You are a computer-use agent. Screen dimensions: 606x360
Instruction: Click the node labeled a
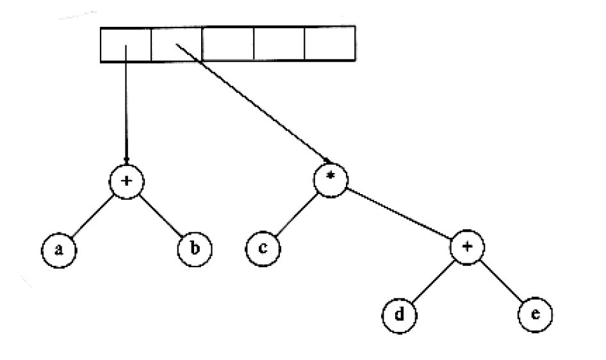click(59, 250)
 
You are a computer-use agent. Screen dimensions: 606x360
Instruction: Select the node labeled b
click(195, 249)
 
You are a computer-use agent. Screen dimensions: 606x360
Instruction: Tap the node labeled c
click(263, 249)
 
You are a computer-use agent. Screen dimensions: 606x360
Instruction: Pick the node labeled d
click(399, 315)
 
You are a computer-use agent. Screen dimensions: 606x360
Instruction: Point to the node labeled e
click(536, 315)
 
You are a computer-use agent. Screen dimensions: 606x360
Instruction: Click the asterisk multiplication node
click(331, 180)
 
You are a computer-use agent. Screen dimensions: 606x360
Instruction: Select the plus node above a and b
click(127, 181)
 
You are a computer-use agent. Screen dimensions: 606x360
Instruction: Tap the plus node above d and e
click(467, 247)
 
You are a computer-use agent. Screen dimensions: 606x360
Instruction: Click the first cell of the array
click(126, 44)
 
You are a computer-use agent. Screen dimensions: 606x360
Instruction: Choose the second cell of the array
click(176, 44)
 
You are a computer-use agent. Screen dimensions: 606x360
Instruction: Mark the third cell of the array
click(227, 44)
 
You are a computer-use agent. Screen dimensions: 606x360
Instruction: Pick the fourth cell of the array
click(279, 44)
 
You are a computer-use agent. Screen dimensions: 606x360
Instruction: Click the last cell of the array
click(330, 43)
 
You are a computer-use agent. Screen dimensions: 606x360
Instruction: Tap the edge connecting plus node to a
click(93, 216)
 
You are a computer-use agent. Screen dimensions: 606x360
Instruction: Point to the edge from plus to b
click(160, 215)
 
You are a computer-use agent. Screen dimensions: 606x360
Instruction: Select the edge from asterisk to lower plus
click(399, 213)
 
